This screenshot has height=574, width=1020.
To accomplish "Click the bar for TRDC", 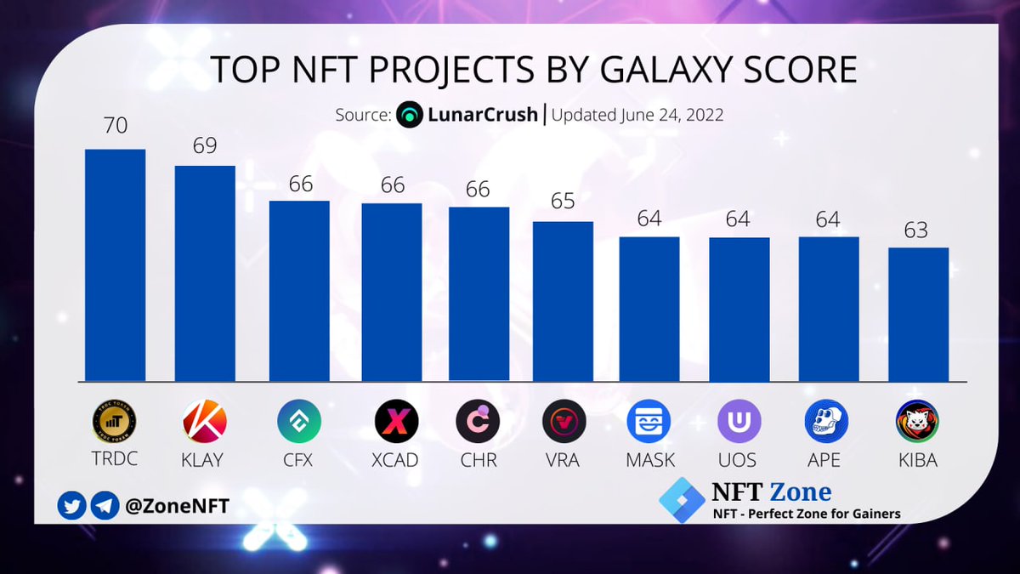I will click(x=115, y=265).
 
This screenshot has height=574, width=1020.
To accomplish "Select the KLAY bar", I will click(x=205, y=273).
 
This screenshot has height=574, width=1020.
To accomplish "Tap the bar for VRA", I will click(x=563, y=301).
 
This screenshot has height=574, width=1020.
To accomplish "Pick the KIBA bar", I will click(x=918, y=314).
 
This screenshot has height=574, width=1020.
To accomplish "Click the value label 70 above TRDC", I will click(x=115, y=126).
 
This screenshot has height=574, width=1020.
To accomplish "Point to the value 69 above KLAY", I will click(x=205, y=145).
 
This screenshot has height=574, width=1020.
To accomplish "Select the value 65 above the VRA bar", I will click(x=563, y=201).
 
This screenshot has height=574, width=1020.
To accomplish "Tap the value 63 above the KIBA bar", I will click(x=918, y=230).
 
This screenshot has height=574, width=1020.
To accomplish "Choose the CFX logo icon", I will click(x=299, y=421).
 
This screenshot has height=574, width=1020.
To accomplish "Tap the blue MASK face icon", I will click(x=649, y=421).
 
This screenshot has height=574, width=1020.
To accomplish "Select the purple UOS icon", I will click(x=739, y=421).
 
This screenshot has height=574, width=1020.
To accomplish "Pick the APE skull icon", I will click(x=827, y=421).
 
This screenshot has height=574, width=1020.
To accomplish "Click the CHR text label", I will click(x=479, y=460).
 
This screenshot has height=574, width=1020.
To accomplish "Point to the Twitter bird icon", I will click(x=71, y=506).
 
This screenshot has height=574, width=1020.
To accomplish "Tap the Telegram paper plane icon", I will click(x=104, y=506).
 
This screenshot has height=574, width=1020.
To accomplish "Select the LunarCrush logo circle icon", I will click(x=410, y=115).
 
